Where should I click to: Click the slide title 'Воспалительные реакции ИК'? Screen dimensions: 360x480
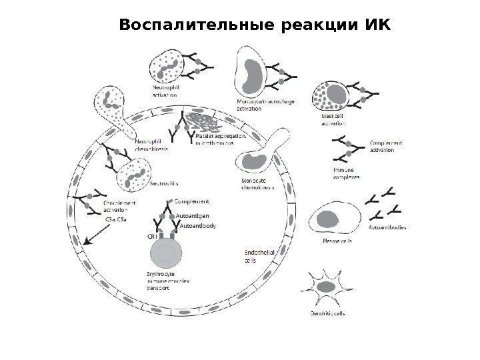pos(252,25)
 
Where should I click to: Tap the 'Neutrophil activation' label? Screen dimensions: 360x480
pos(165,90)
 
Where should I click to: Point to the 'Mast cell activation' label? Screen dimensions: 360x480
pos(334,119)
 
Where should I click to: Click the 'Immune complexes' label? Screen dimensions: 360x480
pos(346,174)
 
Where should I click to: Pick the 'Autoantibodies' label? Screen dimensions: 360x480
pos(387,227)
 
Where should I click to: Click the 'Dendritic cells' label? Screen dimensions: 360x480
pos(327,313)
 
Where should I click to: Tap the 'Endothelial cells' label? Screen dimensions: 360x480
pos(257,256)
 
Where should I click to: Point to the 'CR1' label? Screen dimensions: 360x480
pos(151,235)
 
